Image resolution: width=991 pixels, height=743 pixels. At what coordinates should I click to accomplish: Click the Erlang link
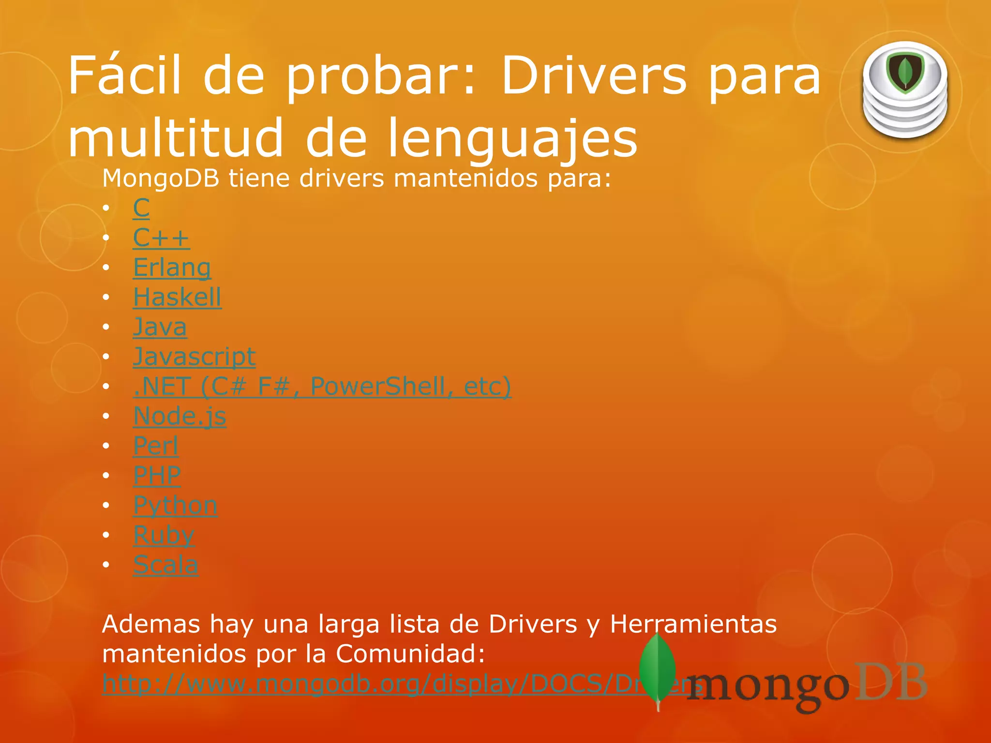[172, 267]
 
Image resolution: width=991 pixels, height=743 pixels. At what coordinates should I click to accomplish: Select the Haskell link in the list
[177, 297]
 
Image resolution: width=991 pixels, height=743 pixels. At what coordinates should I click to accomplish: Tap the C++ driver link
[161, 238]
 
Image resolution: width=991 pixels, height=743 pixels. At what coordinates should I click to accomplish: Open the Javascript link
[194, 357]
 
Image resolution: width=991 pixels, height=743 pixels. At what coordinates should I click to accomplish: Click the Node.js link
[180, 416]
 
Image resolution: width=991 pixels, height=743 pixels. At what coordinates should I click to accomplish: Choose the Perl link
[156, 446]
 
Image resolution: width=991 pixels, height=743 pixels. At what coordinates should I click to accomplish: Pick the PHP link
[157, 475]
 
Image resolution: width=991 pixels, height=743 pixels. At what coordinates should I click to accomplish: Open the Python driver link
[175, 505]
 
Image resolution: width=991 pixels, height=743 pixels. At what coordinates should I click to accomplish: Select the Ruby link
[164, 535]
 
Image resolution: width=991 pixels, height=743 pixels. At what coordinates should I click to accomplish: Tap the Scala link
[165, 565]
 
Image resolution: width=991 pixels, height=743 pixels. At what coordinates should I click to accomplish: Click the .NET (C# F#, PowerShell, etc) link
[322, 386]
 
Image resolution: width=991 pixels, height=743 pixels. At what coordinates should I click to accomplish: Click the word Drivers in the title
[593, 76]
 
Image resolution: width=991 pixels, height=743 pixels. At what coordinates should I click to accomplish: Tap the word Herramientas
[693, 624]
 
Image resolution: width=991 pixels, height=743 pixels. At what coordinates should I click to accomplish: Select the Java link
[160, 327]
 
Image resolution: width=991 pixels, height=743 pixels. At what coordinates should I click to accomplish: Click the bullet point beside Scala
[106, 565]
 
